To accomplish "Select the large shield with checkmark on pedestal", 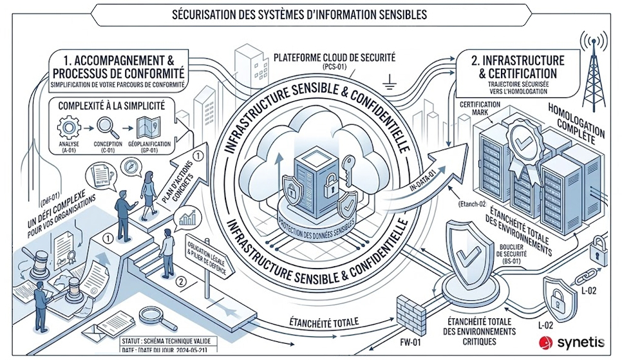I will (464, 258).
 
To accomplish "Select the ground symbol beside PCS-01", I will (388, 82).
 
